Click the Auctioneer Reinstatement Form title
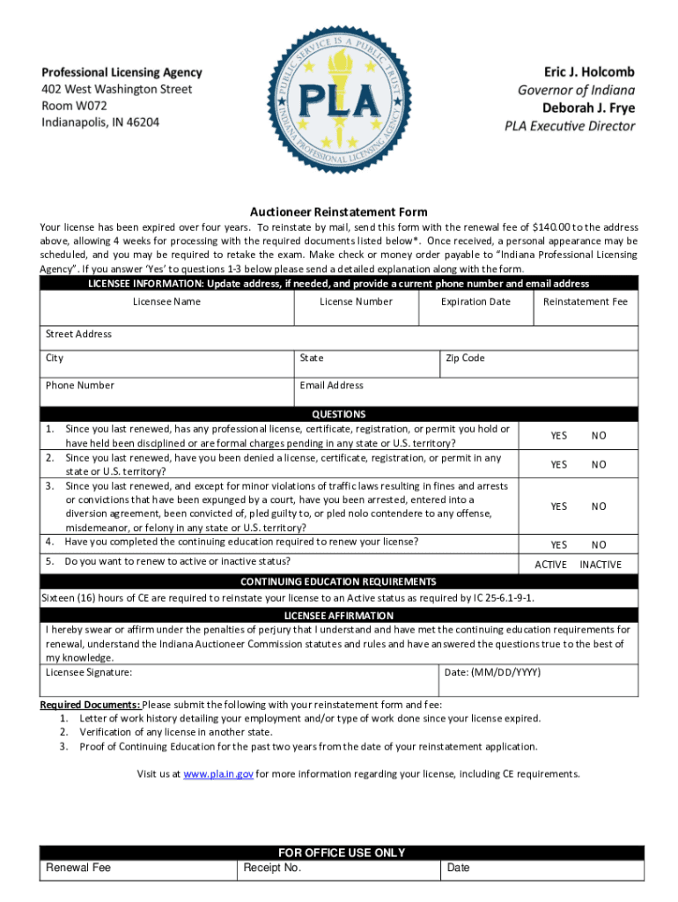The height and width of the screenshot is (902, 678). point(339,212)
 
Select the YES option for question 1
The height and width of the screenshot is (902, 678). point(559,436)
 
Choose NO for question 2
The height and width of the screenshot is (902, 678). point(599,465)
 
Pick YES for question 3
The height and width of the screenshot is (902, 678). point(559,506)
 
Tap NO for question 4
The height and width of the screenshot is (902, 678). point(599,545)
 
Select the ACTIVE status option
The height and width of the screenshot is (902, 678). point(551,565)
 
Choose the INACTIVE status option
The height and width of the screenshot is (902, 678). point(601,565)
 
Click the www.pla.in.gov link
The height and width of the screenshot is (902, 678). point(219,774)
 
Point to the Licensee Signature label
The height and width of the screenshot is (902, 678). point(89,673)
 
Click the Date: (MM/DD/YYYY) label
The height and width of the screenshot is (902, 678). point(492,673)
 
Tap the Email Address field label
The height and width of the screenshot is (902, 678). point(331,386)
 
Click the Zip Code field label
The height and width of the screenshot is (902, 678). point(465,359)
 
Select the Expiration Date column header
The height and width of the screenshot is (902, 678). point(475,302)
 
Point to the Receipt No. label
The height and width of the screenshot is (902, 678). point(272,868)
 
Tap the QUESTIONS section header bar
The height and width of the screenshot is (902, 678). point(339,414)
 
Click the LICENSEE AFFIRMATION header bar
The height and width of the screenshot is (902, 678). point(339,616)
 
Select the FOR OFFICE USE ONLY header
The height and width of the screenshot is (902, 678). point(342,853)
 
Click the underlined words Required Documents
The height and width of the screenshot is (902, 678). point(90,705)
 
